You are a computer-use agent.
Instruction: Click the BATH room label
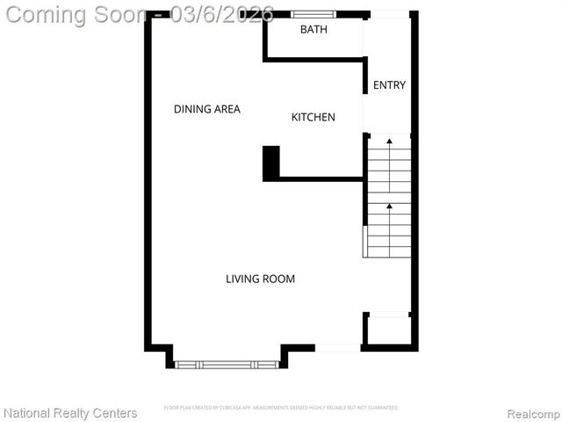[313, 30]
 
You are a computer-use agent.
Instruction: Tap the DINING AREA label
[206, 109]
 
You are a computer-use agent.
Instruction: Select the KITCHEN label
[313, 117]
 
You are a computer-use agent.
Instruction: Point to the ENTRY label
[389, 85]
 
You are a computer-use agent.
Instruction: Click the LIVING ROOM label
[260, 279]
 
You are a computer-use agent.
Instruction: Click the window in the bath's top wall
[313, 14]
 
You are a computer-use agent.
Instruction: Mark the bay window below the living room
[227, 363]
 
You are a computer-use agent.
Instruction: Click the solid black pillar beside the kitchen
[270, 164]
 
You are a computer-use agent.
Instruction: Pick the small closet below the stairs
[387, 330]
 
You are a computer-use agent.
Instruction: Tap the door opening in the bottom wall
[337, 348]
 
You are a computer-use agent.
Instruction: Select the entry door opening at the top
[389, 14]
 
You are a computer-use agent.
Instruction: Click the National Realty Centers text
[70, 412]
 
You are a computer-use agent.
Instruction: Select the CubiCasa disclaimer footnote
[281, 408]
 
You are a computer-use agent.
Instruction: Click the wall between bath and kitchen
[313, 60]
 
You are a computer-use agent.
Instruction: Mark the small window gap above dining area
[158, 15]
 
